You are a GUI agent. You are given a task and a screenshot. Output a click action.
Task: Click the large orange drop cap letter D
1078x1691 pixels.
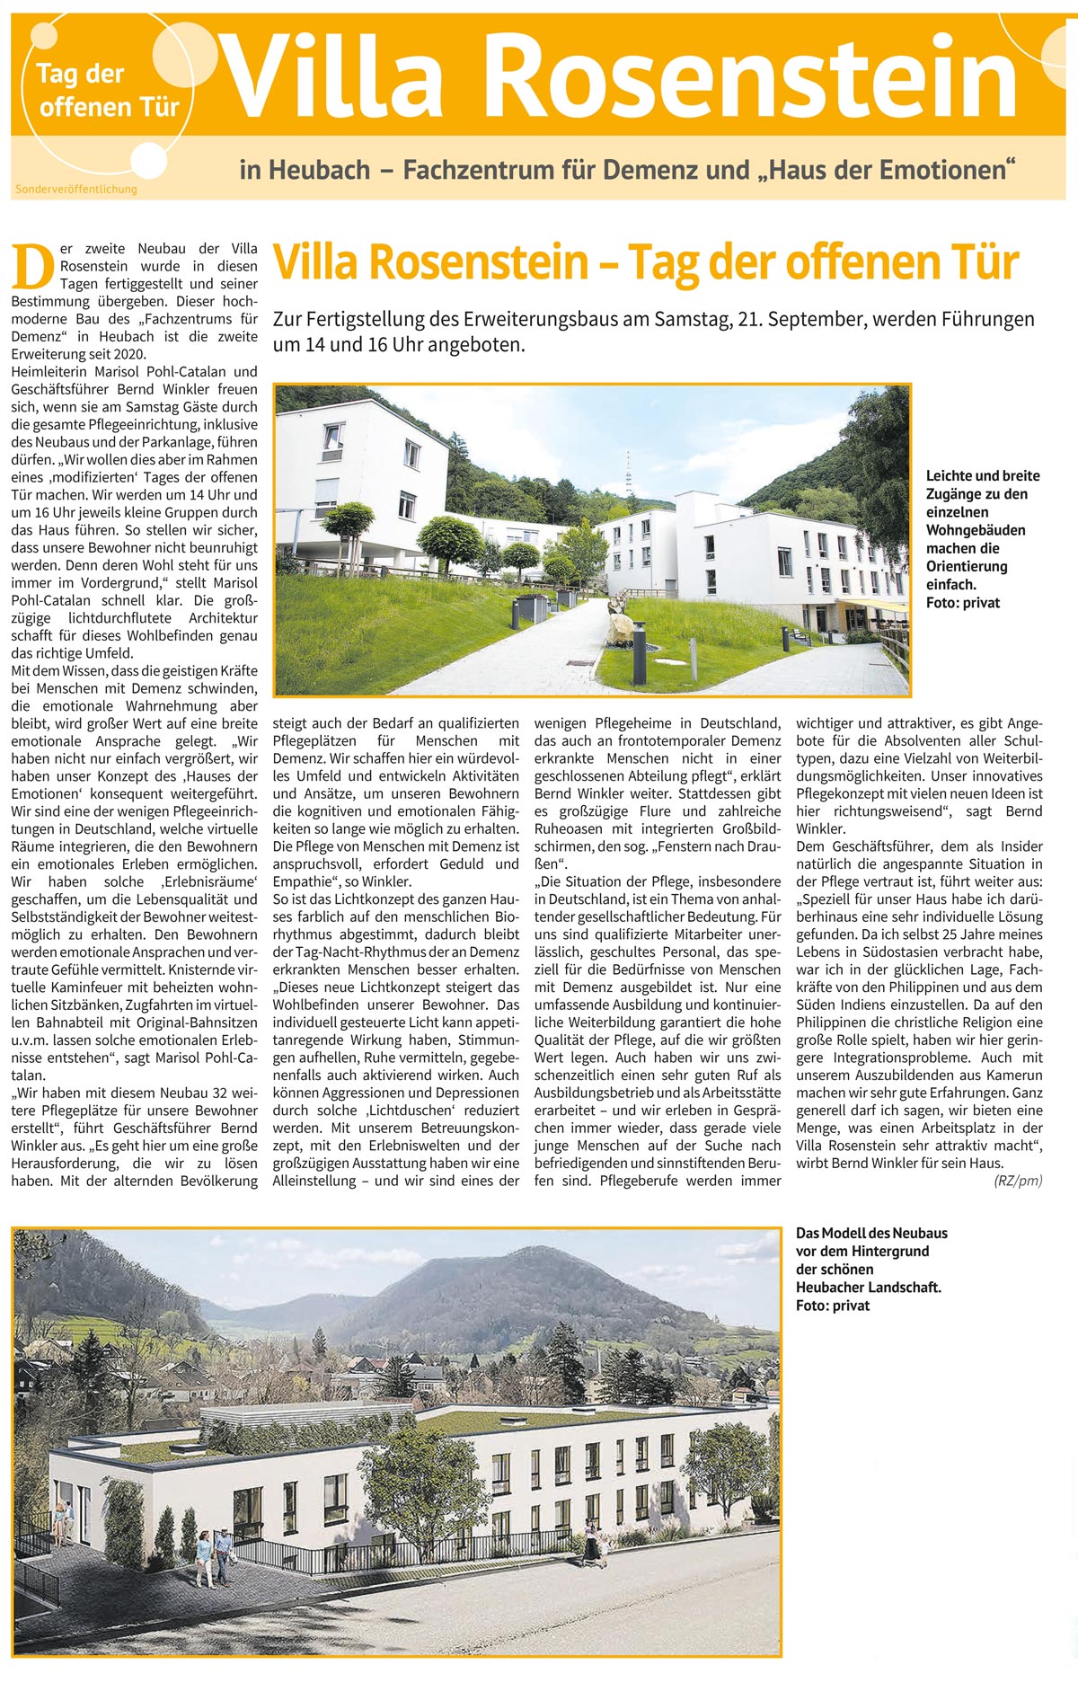(32, 266)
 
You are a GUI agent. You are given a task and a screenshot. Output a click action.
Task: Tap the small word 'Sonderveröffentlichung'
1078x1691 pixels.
(76, 190)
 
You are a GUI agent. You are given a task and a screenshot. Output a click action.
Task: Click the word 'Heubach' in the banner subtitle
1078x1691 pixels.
(319, 169)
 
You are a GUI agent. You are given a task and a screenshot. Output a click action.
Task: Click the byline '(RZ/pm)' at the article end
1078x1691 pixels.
(1018, 1181)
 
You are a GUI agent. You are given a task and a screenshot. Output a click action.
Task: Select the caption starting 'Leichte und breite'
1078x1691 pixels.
(983, 538)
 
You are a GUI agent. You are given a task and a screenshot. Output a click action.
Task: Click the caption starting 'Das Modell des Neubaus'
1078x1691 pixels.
(870, 1269)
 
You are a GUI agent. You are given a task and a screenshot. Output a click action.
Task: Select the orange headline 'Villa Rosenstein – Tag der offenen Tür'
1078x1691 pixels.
(645, 262)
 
